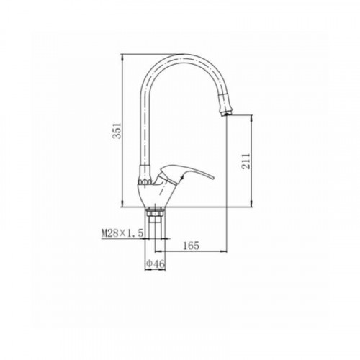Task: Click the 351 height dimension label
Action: pos(117,131)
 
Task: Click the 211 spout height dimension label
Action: pos(246,161)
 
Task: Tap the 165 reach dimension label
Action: pos(191,246)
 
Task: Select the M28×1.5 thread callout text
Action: pos(122,233)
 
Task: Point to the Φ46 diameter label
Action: pos(156,264)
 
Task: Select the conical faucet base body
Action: pos(153,195)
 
